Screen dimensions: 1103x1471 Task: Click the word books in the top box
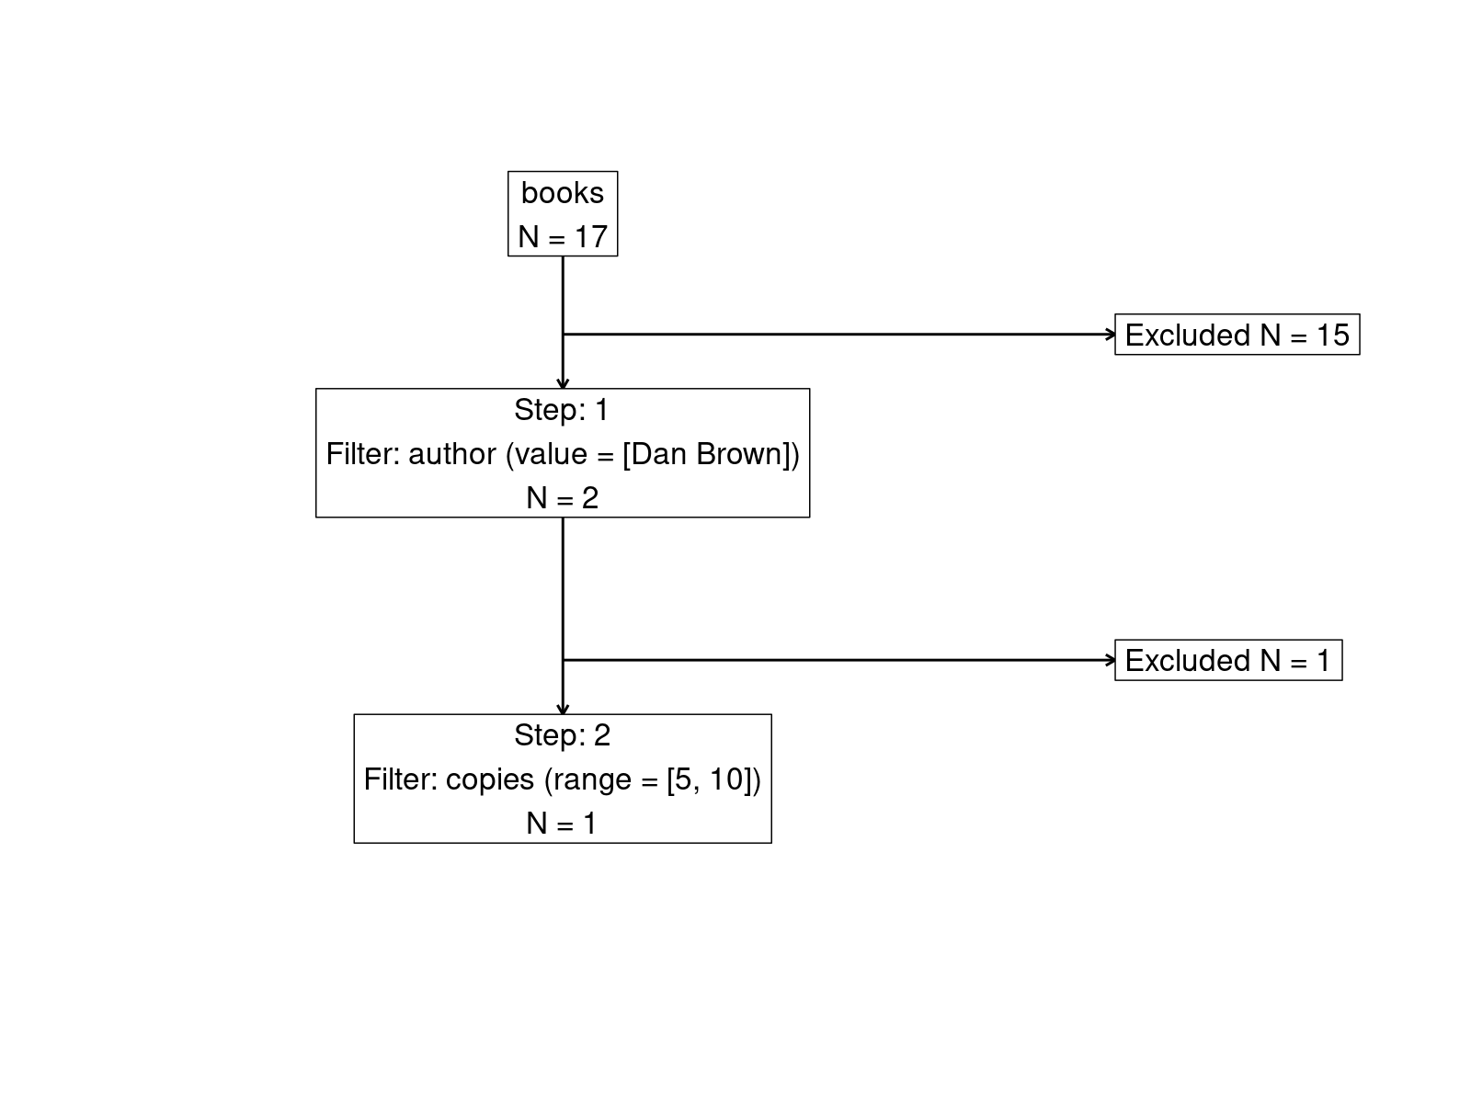[x=562, y=193]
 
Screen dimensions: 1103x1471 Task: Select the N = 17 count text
[x=562, y=237]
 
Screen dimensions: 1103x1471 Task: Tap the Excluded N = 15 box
[x=1237, y=335]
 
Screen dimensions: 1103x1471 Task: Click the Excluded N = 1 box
[x=1227, y=660]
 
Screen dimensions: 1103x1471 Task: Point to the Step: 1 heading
[x=562, y=410]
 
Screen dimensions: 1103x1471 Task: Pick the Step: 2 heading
[x=562, y=735]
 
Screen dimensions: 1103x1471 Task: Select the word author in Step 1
[x=452, y=454]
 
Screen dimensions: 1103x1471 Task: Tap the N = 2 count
[x=562, y=498]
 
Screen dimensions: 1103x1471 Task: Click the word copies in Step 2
[x=489, y=779]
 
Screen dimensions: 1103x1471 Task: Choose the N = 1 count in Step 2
[x=562, y=824]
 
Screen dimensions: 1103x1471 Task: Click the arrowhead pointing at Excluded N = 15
[x=1111, y=335]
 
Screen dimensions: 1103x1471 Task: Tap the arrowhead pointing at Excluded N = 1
[x=1111, y=660]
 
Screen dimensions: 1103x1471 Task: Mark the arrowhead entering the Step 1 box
[x=563, y=383]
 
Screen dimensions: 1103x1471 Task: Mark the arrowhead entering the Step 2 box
[x=563, y=709]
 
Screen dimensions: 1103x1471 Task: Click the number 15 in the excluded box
[x=1332, y=335]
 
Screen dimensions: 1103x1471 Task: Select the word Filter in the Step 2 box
[x=400, y=779]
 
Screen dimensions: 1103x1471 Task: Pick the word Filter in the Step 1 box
[x=362, y=454]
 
